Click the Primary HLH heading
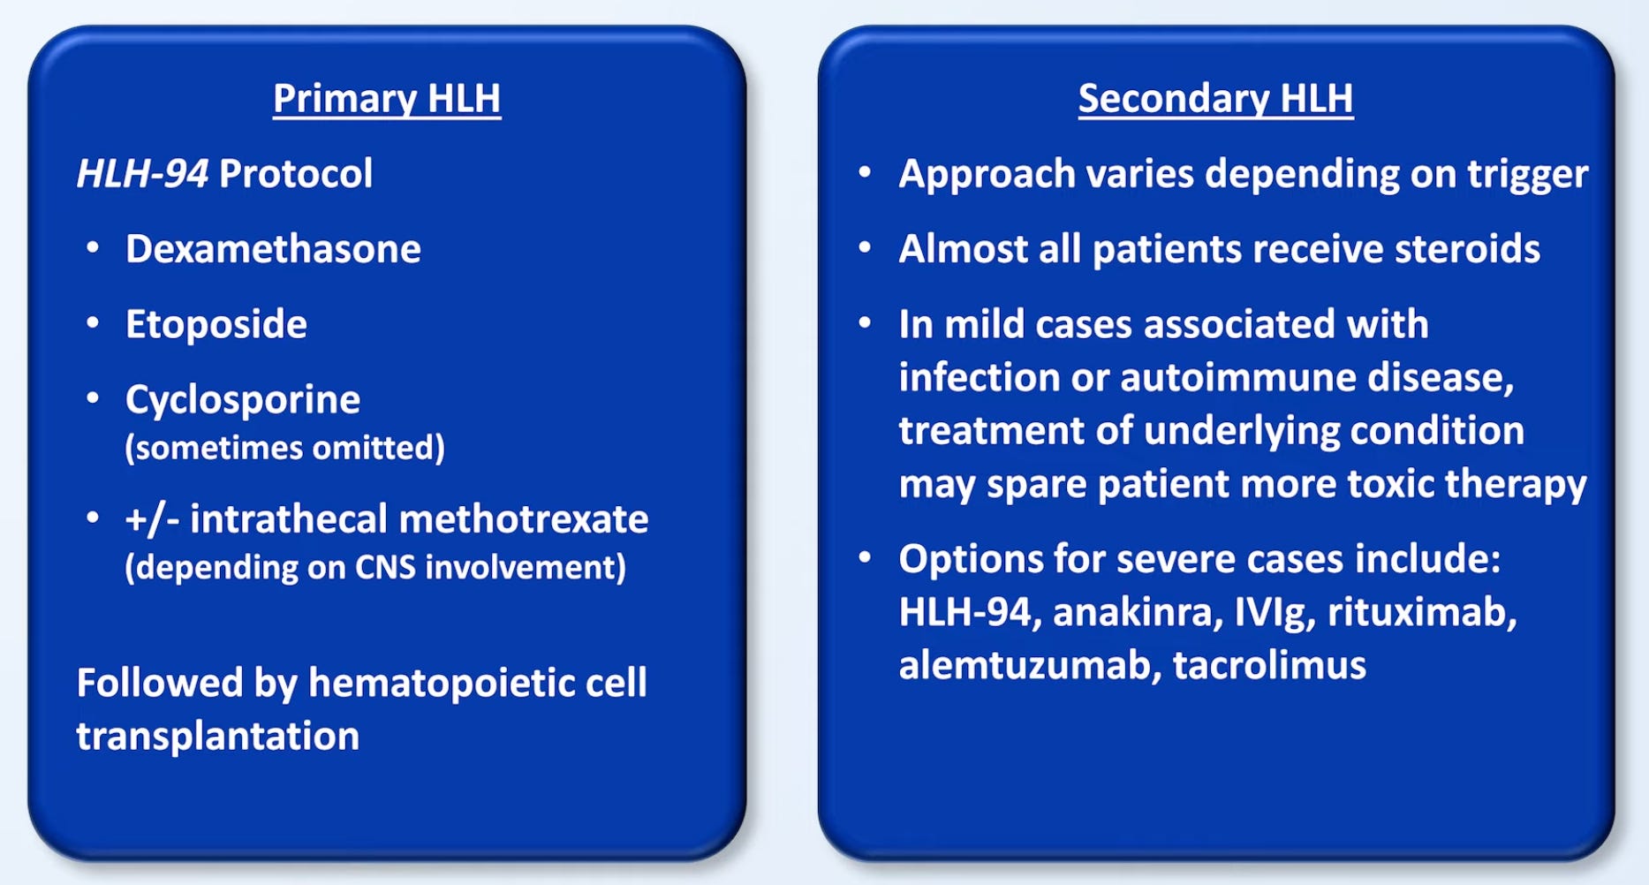[x=386, y=98]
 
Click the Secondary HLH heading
[x=1215, y=98]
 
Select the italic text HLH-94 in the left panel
[x=142, y=173]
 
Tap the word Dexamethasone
[x=273, y=249]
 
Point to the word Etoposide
[x=216, y=324]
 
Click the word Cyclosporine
[x=243, y=400]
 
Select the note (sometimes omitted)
[x=284, y=448]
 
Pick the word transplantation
[x=218, y=737]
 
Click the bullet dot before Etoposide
[x=93, y=323]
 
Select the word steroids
[x=1467, y=249]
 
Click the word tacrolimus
[x=1269, y=665]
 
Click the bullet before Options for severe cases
[x=866, y=558]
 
